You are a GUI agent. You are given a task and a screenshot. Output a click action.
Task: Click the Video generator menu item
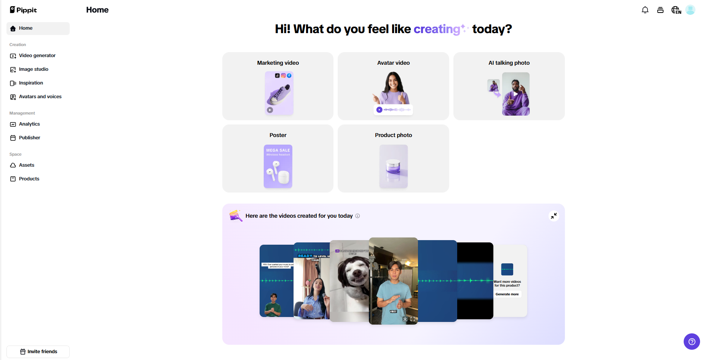tap(37, 56)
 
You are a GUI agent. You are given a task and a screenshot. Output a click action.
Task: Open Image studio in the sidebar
tap(33, 69)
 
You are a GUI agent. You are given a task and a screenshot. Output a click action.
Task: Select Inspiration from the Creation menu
tap(31, 83)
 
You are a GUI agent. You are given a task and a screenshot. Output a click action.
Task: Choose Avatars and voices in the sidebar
tap(40, 97)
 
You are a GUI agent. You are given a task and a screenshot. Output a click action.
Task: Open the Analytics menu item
tap(29, 124)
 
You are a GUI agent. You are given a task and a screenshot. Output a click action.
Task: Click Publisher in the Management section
tap(29, 138)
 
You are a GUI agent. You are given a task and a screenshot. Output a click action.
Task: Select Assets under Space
tap(26, 165)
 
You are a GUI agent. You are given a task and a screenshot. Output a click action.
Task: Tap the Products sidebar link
tap(29, 179)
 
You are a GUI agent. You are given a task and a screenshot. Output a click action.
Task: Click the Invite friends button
tap(38, 352)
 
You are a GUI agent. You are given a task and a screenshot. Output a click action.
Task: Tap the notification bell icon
tap(645, 10)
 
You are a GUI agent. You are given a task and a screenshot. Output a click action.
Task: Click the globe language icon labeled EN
tap(676, 10)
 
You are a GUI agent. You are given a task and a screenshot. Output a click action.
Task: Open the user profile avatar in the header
tap(690, 10)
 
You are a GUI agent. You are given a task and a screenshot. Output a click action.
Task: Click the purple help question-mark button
tap(692, 341)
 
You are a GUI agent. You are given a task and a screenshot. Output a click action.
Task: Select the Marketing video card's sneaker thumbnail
tap(279, 93)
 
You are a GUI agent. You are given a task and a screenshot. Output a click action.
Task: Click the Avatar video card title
tap(393, 63)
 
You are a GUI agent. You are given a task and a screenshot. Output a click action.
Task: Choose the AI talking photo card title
tap(509, 63)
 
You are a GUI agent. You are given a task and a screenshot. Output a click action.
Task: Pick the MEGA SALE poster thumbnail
tap(278, 166)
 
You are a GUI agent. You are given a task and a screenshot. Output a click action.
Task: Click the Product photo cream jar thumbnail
tap(393, 166)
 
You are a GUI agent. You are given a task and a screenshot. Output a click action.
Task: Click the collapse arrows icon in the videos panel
tap(554, 216)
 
